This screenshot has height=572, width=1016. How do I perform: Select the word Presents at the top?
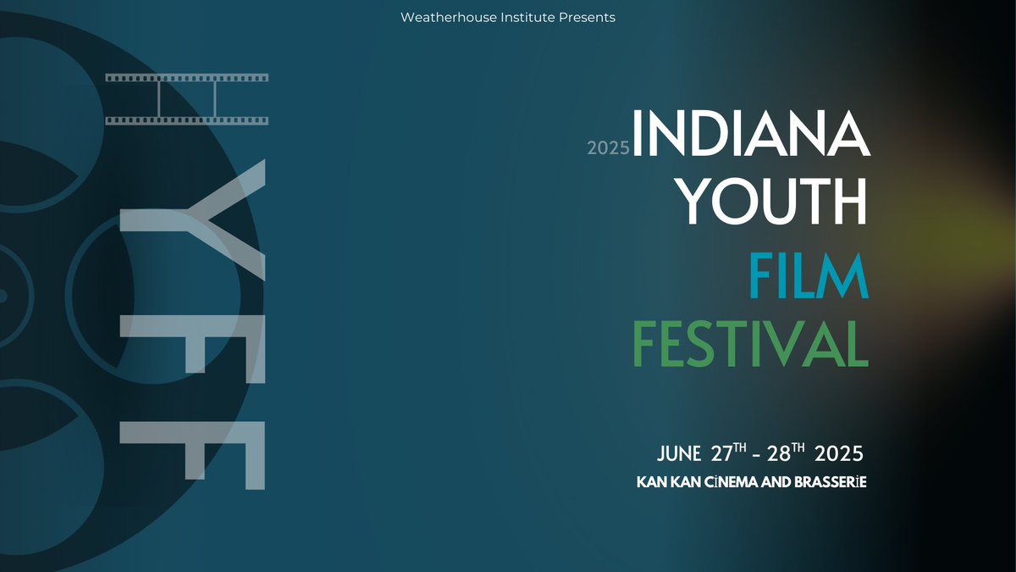click(587, 17)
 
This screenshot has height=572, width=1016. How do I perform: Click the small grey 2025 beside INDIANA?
click(608, 148)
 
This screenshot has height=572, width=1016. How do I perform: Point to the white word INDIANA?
click(750, 134)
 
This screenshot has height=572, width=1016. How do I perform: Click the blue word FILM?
click(809, 276)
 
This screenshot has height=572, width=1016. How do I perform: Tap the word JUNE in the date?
click(678, 453)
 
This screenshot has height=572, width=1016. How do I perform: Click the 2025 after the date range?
click(839, 453)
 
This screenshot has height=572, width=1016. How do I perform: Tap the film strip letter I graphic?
click(187, 99)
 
